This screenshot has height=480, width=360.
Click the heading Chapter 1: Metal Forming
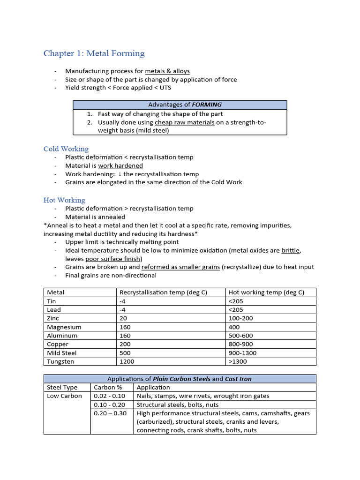(x=94, y=53)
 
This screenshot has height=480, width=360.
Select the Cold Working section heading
(x=66, y=149)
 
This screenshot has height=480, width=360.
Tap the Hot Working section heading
(x=64, y=200)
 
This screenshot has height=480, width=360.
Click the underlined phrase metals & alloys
(x=167, y=71)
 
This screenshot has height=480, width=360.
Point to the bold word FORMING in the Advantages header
(x=207, y=105)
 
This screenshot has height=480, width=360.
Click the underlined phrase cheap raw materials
(x=185, y=122)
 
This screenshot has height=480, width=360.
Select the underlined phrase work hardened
(x=120, y=165)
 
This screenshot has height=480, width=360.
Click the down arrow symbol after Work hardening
(x=120, y=174)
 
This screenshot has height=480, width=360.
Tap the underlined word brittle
(x=291, y=250)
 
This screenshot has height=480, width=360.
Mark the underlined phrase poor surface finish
(x=113, y=259)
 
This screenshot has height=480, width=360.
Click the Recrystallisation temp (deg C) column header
(x=164, y=292)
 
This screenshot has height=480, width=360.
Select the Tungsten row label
(x=60, y=361)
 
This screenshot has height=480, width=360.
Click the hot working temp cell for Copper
(x=241, y=344)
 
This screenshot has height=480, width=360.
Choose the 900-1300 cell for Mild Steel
(x=242, y=353)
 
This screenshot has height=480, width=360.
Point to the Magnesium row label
(x=64, y=327)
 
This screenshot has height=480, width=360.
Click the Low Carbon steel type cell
(x=64, y=396)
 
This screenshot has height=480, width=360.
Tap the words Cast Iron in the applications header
(x=239, y=379)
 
